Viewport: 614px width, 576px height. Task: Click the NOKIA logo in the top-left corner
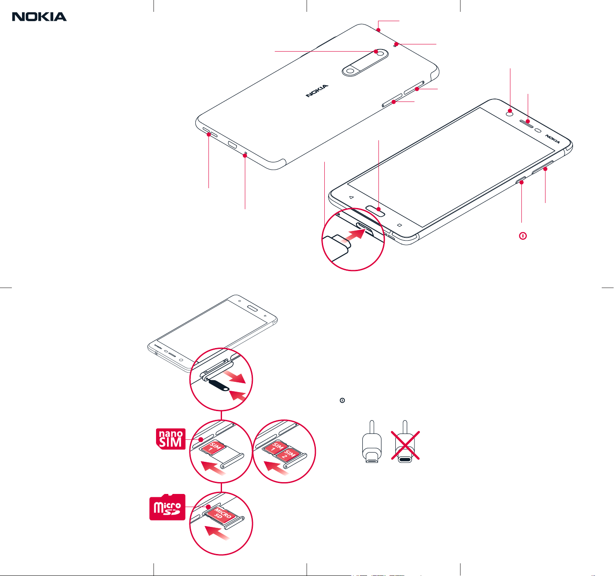(x=39, y=16)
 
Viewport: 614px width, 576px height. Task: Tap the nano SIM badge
(x=171, y=439)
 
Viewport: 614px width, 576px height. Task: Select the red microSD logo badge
(x=167, y=507)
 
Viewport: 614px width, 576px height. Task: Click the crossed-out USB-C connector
(x=405, y=445)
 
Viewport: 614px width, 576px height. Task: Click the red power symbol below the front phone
(x=523, y=236)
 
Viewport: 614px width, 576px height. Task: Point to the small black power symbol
(x=342, y=400)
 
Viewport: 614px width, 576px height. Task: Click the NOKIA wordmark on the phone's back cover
(x=317, y=91)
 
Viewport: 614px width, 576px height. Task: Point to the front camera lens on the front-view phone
(x=510, y=114)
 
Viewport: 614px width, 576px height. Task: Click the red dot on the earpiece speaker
(x=528, y=121)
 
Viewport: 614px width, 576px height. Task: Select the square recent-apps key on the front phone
(x=400, y=225)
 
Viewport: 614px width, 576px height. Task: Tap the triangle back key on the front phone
(x=351, y=197)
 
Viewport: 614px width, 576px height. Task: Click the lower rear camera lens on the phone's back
(x=350, y=71)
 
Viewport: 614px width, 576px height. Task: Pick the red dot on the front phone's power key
(x=521, y=183)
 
